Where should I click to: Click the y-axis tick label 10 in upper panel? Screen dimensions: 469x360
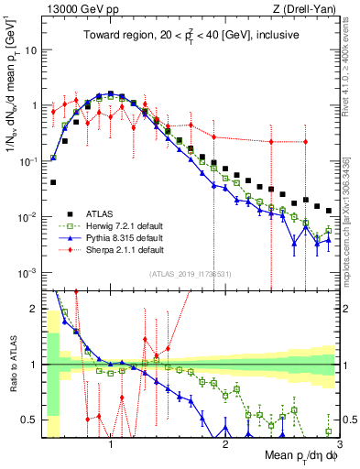tap(29, 49)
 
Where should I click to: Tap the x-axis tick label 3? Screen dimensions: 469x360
tap(338, 442)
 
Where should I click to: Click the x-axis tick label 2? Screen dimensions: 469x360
tap(225, 442)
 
